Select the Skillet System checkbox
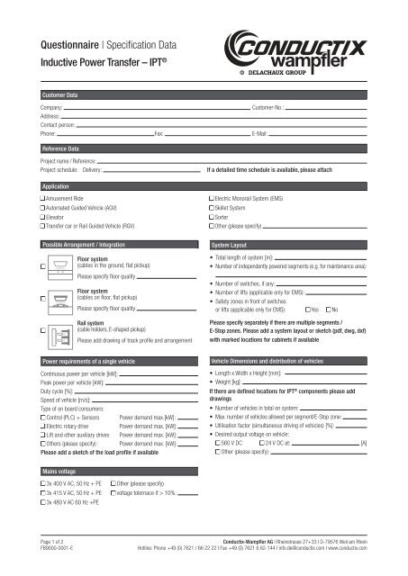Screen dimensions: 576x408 pyautogui.click(x=211, y=206)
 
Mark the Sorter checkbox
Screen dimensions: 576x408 pyautogui.click(x=211, y=216)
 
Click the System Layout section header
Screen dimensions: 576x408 pyautogui.click(x=232, y=245)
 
